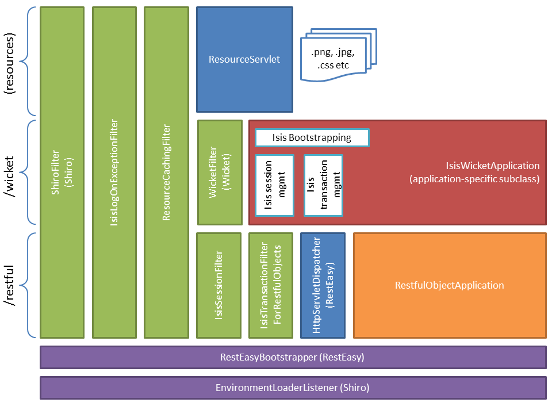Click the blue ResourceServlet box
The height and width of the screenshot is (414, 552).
click(244, 59)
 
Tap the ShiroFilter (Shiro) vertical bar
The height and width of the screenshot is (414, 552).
click(62, 172)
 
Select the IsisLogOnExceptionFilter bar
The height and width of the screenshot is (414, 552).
click(114, 172)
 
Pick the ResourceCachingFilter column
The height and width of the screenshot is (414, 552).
click(166, 172)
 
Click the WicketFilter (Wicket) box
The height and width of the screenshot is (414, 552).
click(220, 172)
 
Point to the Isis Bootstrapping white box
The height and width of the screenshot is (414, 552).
click(312, 138)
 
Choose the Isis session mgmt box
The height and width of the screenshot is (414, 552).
click(274, 185)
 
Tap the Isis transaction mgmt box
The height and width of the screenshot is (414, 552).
click(323, 185)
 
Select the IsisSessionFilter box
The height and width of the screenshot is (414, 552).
click(218, 285)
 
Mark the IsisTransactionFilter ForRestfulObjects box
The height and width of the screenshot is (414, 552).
click(270, 285)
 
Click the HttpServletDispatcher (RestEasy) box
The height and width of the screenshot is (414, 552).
click(323, 285)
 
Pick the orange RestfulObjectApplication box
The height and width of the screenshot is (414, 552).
click(450, 285)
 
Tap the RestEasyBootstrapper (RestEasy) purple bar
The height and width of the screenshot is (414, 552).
click(293, 357)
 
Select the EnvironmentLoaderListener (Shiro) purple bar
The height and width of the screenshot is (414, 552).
click(293, 388)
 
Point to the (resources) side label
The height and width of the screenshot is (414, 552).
click(10, 60)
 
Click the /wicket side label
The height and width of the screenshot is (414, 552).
click(10, 172)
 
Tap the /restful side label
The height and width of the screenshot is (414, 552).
click(10, 285)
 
